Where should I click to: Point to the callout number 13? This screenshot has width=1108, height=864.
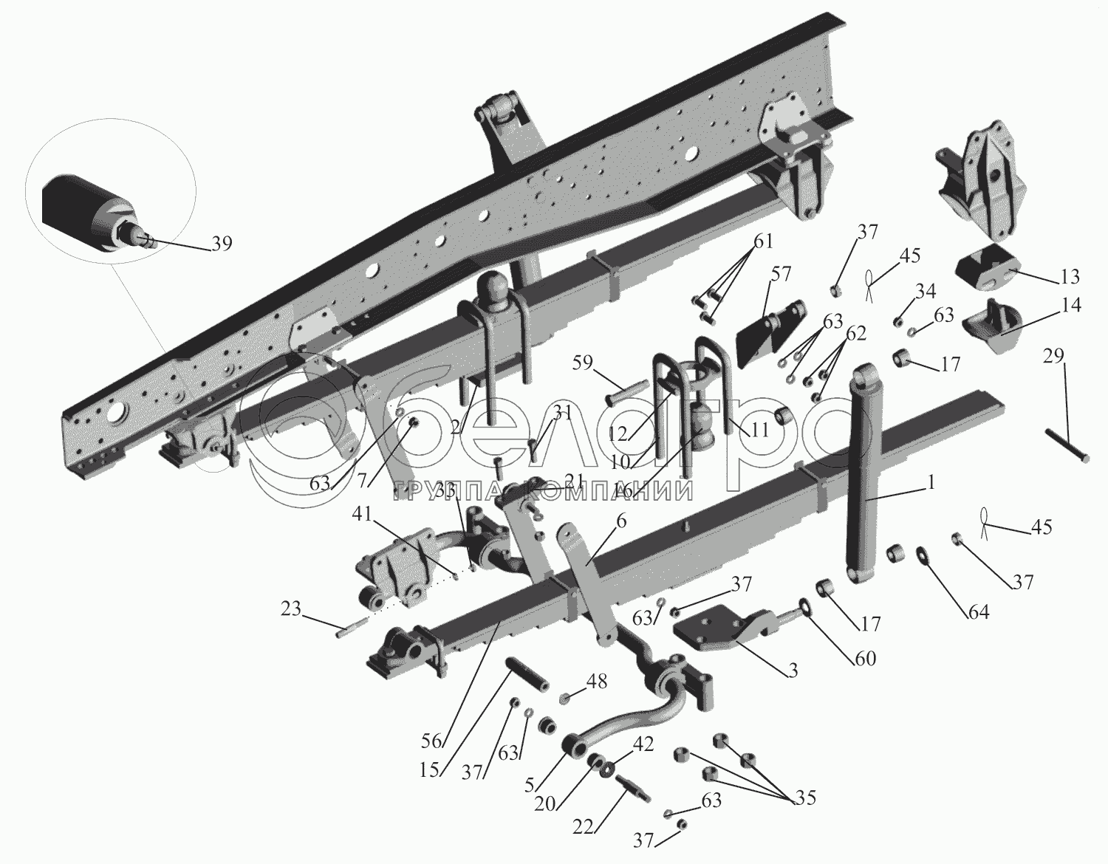pos(1069,277)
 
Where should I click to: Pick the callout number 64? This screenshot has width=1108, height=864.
pos(978,611)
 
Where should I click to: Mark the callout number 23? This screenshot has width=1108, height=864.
pos(291,609)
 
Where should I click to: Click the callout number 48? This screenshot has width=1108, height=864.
pos(597,681)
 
